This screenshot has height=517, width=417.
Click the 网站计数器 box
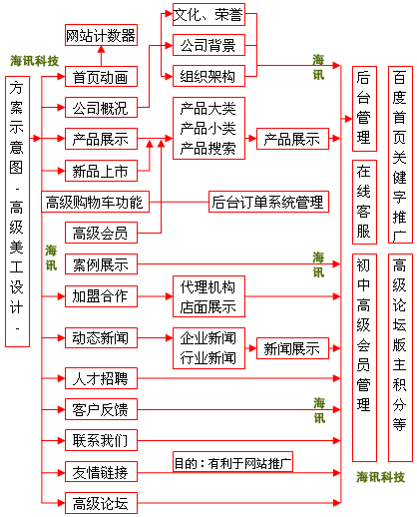100,37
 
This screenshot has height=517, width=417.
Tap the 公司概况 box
100,108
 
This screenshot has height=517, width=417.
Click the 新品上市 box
100,171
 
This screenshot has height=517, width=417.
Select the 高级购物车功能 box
95,203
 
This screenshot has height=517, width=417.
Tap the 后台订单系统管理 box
267,203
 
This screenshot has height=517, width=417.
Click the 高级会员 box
100,234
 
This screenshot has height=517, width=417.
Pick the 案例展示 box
100,264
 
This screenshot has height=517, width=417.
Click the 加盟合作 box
100,295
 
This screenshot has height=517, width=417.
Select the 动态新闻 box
100,337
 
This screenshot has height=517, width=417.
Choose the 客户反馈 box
100,409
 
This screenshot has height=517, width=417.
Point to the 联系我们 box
100,440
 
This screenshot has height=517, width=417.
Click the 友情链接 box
100,472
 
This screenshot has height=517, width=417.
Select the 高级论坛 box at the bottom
100,503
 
